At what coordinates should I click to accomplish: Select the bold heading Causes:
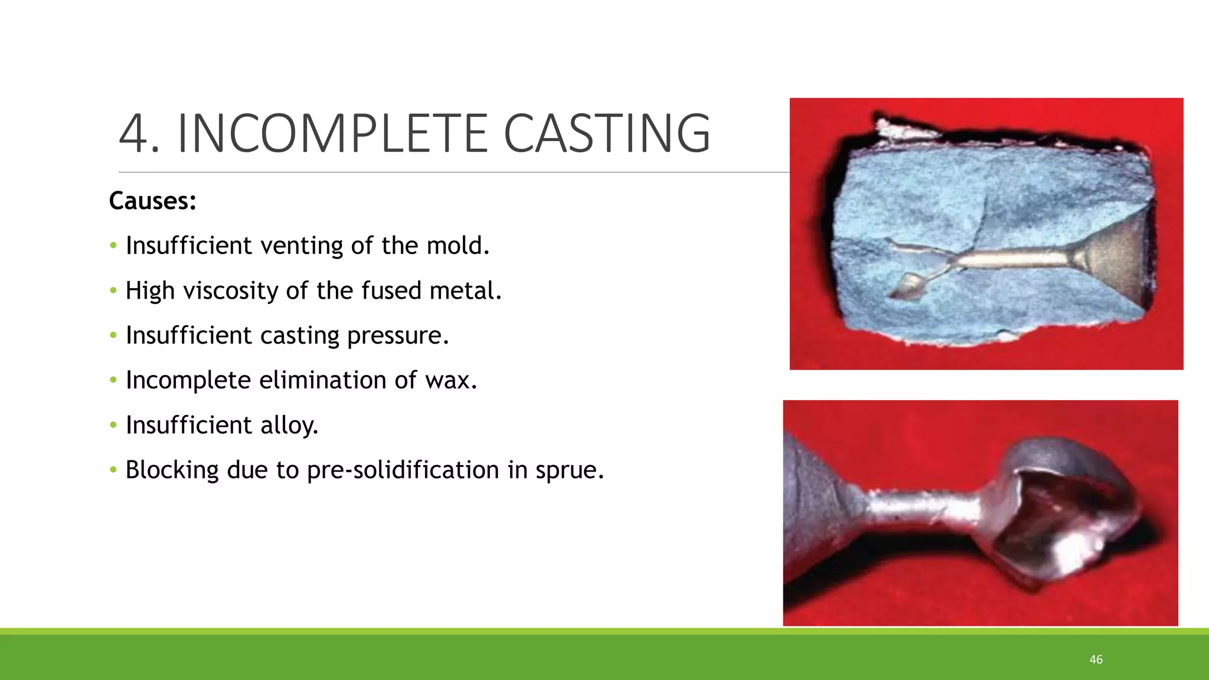pyautogui.click(x=152, y=201)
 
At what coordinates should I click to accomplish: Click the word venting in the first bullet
pyautogui.click(x=301, y=246)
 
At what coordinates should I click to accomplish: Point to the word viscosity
pyautogui.click(x=230, y=290)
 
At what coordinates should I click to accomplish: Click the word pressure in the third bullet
pyautogui.click(x=398, y=335)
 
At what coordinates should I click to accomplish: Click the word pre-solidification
pyautogui.click(x=404, y=470)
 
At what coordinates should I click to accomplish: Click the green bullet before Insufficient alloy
pyautogui.click(x=113, y=425)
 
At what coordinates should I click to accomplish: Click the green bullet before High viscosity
pyautogui.click(x=113, y=290)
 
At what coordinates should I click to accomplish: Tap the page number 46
pyautogui.click(x=1096, y=659)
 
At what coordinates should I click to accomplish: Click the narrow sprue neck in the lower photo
pyautogui.click(x=921, y=506)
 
